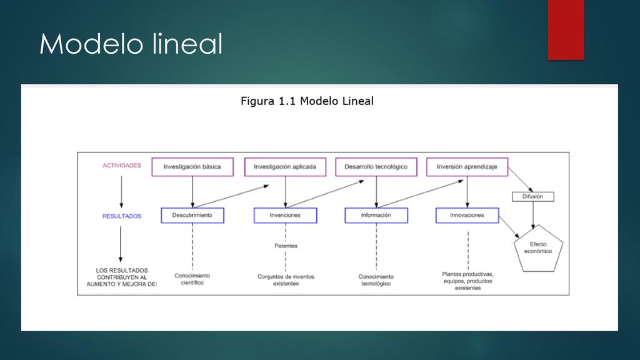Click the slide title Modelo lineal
[x=131, y=44]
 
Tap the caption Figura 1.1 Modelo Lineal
[x=307, y=101]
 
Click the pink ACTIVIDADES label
[x=122, y=165]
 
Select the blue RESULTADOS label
[x=122, y=216]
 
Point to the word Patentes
[x=286, y=246]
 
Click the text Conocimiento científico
[x=192, y=279]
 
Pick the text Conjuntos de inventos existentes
[x=286, y=280]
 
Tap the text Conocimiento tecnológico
[x=376, y=280]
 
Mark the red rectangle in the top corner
[x=566, y=30]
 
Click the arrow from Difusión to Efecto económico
[x=533, y=215]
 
